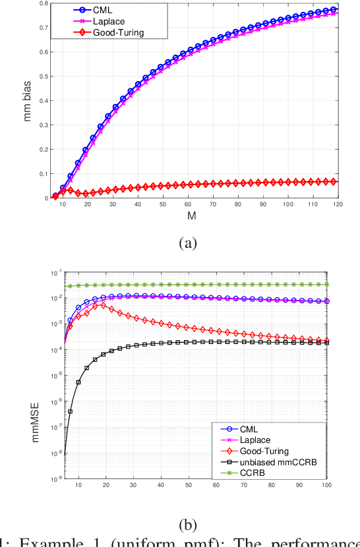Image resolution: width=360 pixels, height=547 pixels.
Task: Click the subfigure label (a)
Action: click(188, 243)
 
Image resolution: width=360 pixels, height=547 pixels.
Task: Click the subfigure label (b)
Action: click(188, 525)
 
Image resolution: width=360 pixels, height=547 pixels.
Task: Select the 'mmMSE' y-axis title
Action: click(26, 375)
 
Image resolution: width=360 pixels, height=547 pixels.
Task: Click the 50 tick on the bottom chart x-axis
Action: click(189, 486)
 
